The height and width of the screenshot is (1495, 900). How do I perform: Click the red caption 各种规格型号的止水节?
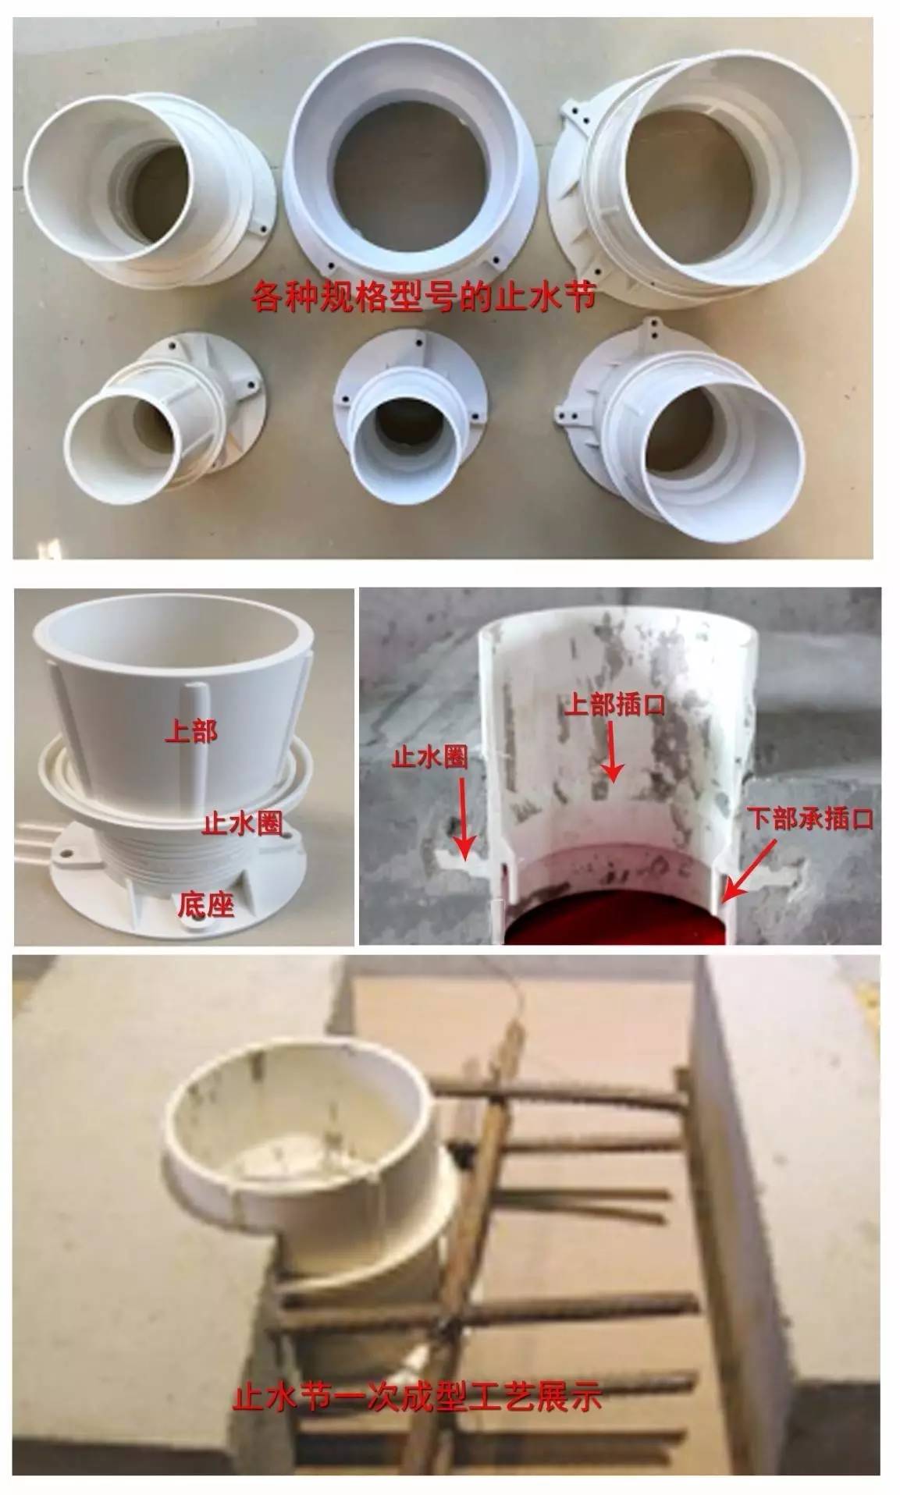click(x=424, y=297)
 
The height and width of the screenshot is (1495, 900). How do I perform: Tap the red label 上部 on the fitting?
click(x=190, y=731)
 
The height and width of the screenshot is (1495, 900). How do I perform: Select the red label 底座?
click(x=206, y=904)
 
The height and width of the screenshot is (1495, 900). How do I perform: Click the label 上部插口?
click(x=614, y=705)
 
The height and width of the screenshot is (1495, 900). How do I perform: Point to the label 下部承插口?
click(x=809, y=819)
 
